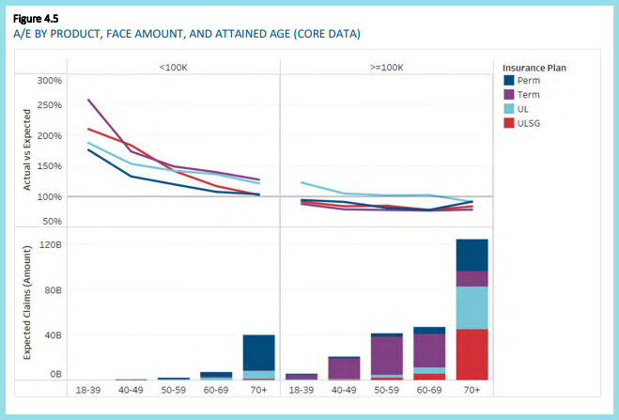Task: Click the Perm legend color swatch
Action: coord(509,81)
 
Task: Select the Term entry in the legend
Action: coord(529,95)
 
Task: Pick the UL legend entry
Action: coord(524,109)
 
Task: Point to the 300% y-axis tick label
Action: coord(49,81)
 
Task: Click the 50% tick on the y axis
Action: coord(51,222)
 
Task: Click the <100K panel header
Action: coord(174,67)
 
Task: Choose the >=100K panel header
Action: coord(387,67)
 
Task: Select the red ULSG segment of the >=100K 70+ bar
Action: coord(472,354)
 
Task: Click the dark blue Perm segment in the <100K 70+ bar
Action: coord(258,352)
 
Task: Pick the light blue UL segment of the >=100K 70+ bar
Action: coord(472,307)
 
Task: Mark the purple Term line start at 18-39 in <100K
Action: coord(88,100)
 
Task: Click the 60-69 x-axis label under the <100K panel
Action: coord(216,389)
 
